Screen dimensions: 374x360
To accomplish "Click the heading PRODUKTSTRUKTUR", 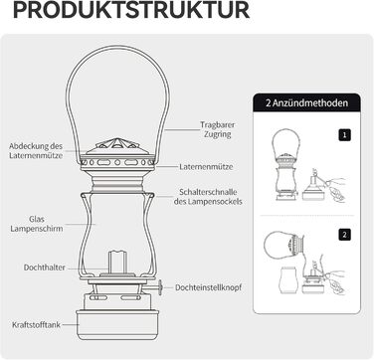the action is pos(131,10).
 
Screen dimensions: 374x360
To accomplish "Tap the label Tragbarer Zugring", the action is pos(217,129).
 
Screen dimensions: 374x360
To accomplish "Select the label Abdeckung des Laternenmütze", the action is pos(36,150).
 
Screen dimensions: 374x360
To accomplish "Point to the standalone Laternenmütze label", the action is pos(206,167).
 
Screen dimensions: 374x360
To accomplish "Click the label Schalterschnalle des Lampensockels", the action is pos(208,197).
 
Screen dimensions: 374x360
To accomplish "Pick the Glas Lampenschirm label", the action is pos(37,224).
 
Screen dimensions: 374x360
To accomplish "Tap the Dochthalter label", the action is pos(45,268).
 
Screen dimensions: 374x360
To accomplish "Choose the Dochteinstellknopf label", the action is pos(208,287).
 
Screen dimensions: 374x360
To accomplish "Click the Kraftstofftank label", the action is pos(36,324).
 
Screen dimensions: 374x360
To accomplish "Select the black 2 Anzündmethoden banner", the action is pos(306,102).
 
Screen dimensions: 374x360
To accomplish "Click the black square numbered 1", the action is pos(344,135).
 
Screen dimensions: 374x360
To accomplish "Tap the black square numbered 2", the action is pos(344,235).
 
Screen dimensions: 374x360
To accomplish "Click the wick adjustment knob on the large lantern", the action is pos(160,287).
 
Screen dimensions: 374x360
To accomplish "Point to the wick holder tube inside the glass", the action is pos(117,262).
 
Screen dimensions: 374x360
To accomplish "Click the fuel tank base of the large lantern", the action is pos(117,324).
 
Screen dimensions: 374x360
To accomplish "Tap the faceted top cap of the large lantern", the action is pos(117,146).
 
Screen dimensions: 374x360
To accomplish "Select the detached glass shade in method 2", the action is pos(287,279).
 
